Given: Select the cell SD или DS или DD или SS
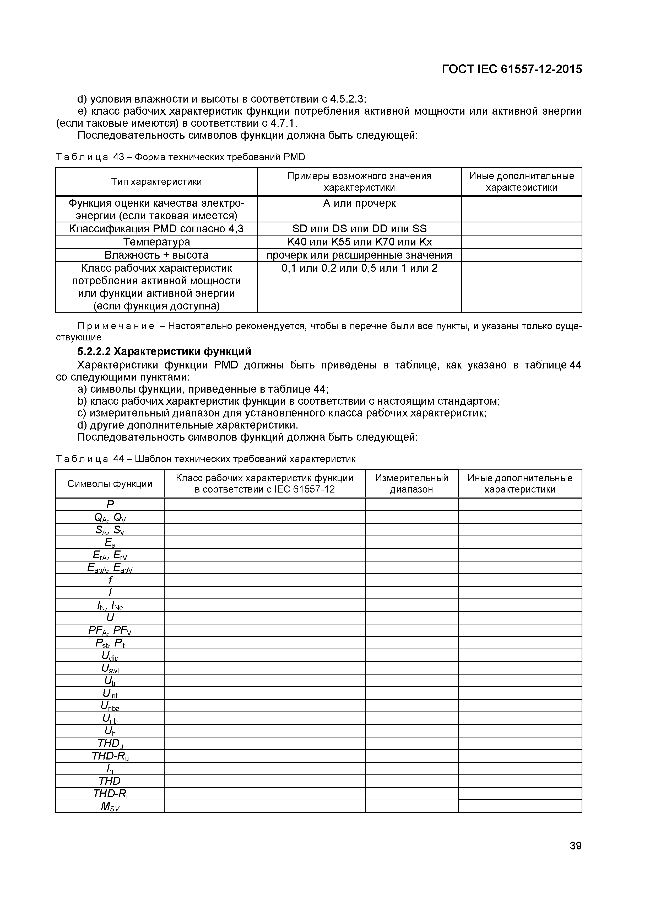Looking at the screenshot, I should [x=359, y=229].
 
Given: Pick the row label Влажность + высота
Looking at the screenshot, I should [x=156, y=255].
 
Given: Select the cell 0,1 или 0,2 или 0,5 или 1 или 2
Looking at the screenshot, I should [x=359, y=268].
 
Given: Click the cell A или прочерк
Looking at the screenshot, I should [x=359, y=203].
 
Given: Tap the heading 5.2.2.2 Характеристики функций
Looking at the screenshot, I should [x=164, y=351].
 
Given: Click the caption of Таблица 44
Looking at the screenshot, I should [x=205, y=459].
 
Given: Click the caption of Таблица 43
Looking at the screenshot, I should [x=180, y=157].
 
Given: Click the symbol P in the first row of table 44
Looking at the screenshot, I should [x=110, y=505].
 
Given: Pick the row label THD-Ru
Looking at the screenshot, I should [x=110, y=756].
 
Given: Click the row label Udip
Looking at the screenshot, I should [x=110, y=656].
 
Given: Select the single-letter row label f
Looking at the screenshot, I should [x=110, y=580].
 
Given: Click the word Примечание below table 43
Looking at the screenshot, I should [x=105, y=326].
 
